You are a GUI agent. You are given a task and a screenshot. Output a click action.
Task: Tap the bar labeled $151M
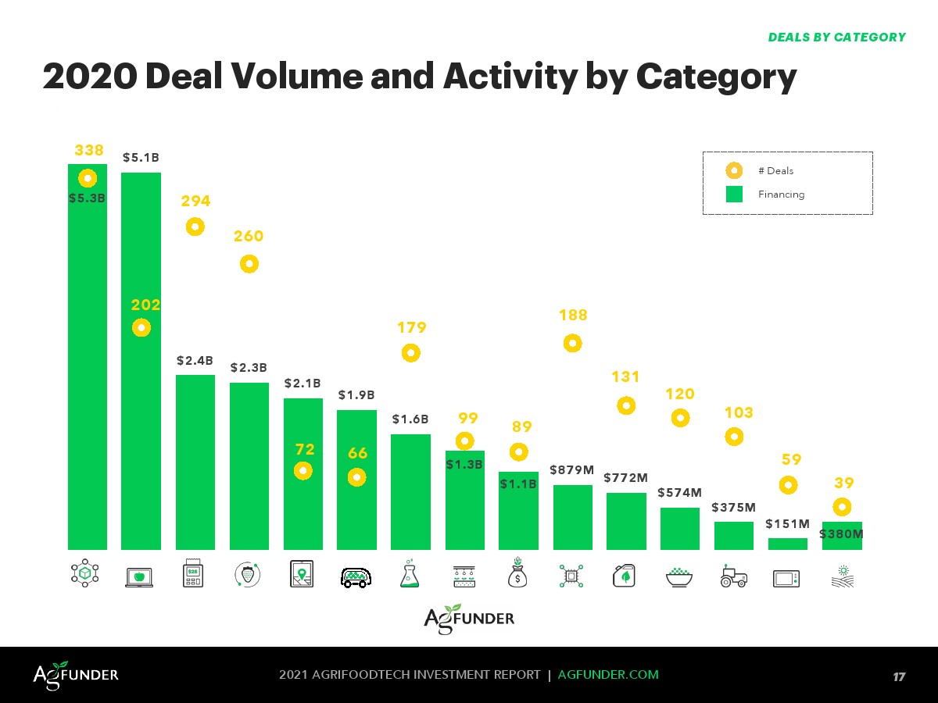coord(788,544)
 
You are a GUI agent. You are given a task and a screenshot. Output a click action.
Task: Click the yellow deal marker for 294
coord(195,227)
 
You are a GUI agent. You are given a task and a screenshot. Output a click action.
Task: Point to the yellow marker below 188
coord(573,343)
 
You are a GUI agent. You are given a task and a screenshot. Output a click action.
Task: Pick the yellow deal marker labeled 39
coord(842,507)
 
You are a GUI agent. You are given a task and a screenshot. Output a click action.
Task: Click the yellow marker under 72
coord(303,471)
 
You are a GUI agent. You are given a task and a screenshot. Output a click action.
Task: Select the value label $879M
coord(572,470)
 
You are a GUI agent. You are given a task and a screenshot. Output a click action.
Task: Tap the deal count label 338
coord(89,150)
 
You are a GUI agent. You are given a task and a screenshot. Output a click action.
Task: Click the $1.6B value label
coord(410,419)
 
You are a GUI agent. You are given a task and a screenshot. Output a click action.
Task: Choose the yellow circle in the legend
coord(734,170)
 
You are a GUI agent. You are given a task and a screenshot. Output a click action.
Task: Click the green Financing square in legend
coord(734,194)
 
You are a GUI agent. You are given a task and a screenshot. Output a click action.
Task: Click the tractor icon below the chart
coord(732,576)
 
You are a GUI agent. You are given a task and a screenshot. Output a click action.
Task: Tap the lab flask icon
coord(410,576)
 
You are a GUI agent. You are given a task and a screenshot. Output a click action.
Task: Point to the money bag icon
coord(518,576)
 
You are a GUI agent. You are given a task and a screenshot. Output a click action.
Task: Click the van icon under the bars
coord(356,577)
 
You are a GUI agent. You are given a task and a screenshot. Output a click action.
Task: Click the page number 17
coord(899,677)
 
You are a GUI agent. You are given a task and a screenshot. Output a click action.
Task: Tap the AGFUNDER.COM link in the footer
coord(608,674)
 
